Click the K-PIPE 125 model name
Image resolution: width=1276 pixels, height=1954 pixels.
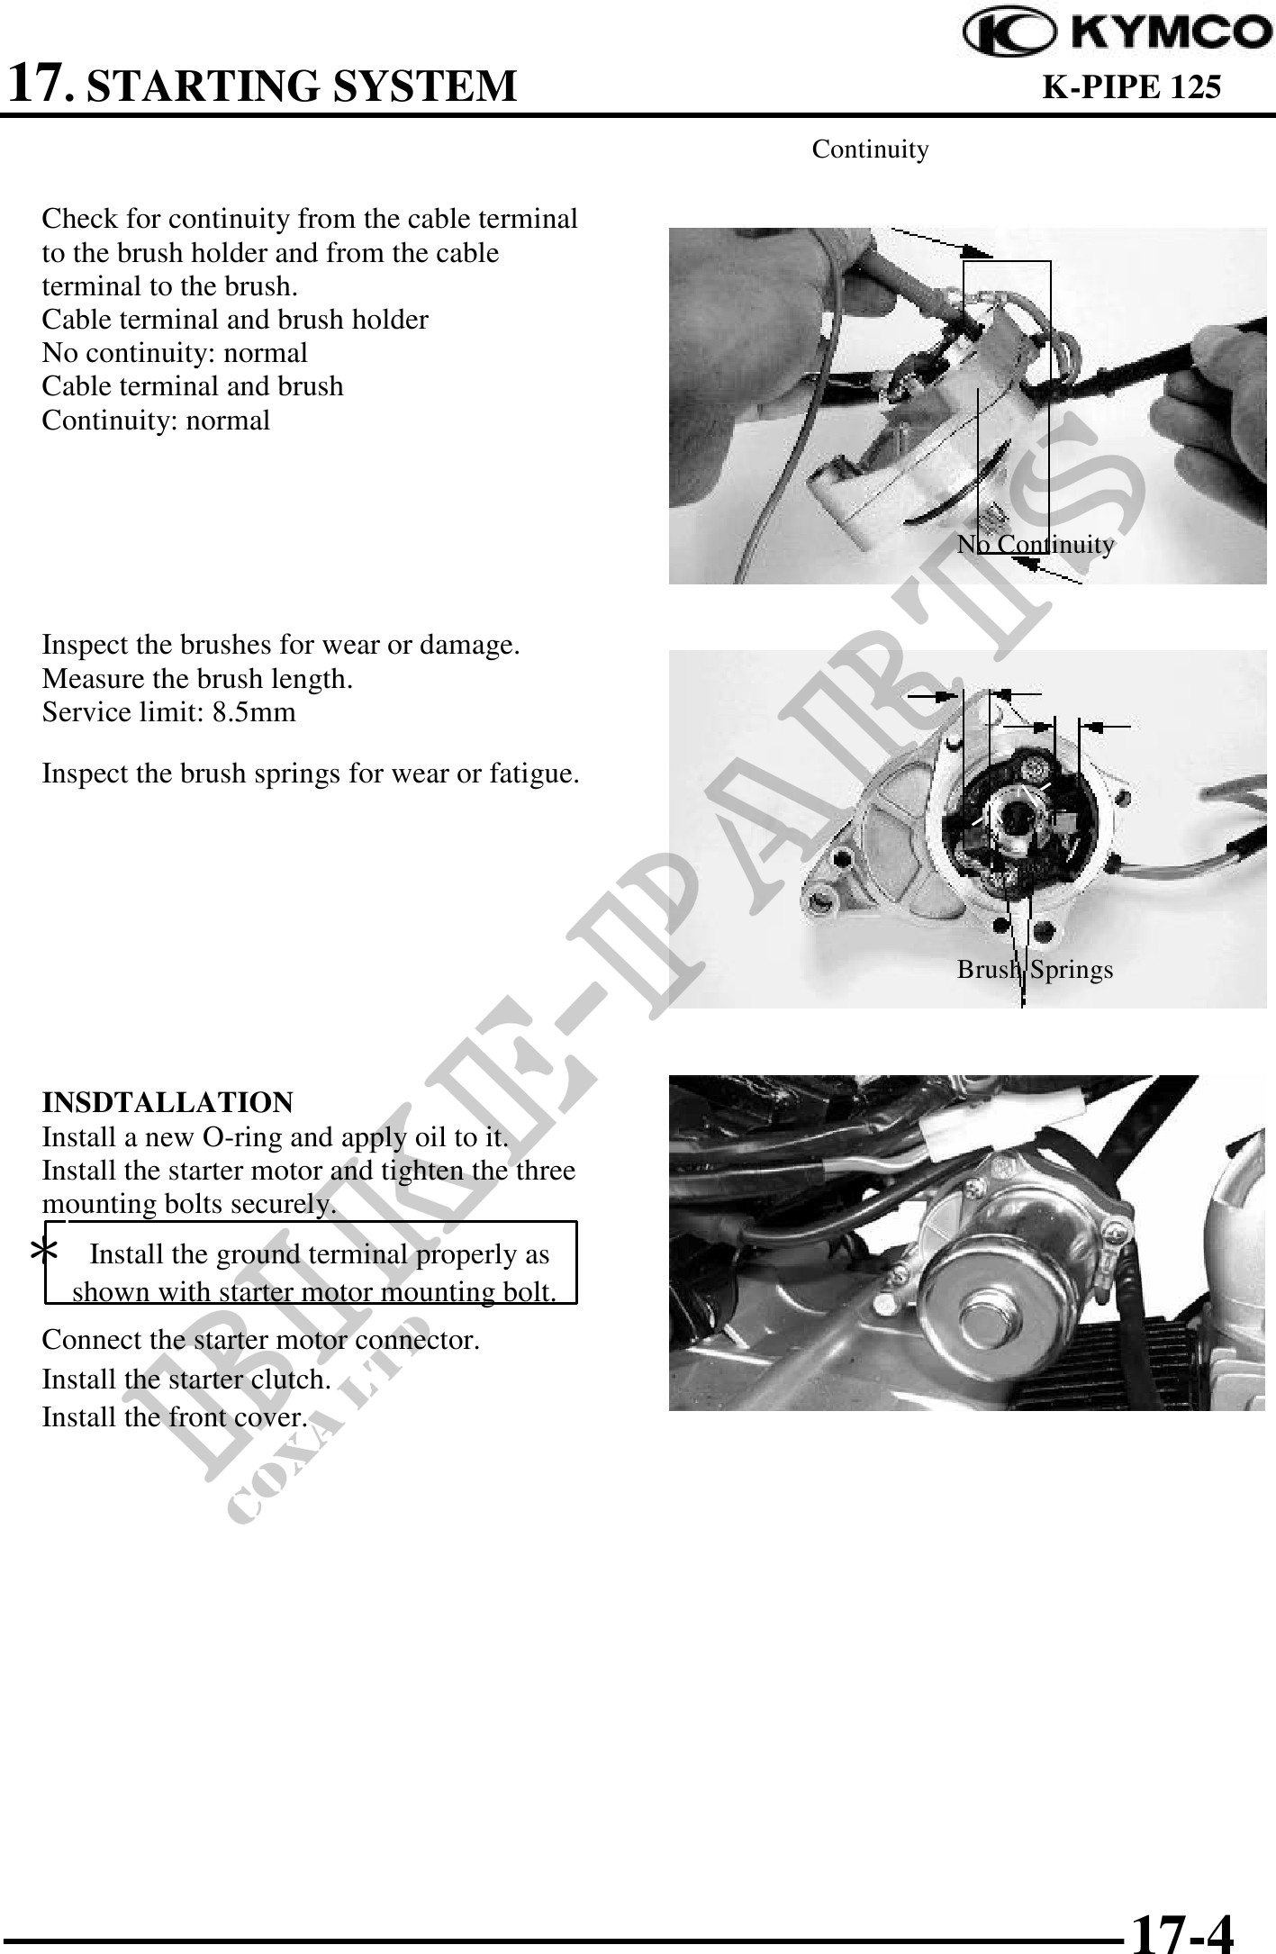(x=1131, y=87)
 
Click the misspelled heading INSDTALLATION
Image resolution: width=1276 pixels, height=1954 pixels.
(x=167, y=1102)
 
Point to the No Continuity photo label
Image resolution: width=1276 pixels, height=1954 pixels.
(x=1036, y=544)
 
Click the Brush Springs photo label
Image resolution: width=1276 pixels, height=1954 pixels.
(x=1035, y=969)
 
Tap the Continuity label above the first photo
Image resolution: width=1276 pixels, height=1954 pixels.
(x=870, y=149)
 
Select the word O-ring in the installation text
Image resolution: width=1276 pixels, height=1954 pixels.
(x=243, y=1137)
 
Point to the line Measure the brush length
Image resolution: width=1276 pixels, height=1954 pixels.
(x=197, y=678)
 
